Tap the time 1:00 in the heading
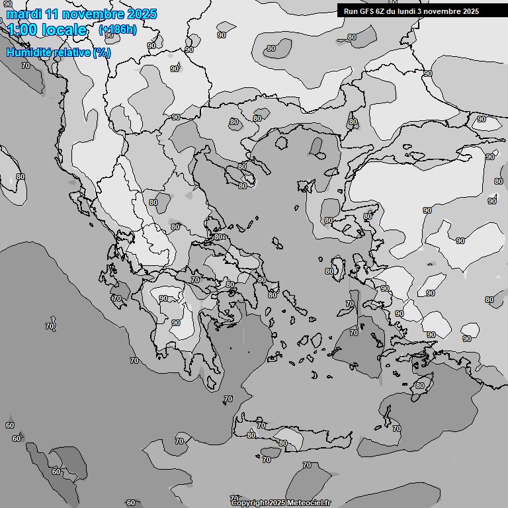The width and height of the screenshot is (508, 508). point(22,30)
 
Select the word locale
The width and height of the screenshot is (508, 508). point(63,30)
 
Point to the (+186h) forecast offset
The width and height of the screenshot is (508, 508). point(117,30)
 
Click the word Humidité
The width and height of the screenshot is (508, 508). point(29,53)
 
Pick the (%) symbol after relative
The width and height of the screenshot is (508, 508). point(102,53)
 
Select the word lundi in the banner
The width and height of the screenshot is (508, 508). point(415,11)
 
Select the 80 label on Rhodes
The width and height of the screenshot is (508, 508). point(419,386)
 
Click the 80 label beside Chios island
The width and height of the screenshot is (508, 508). point(329,271)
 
